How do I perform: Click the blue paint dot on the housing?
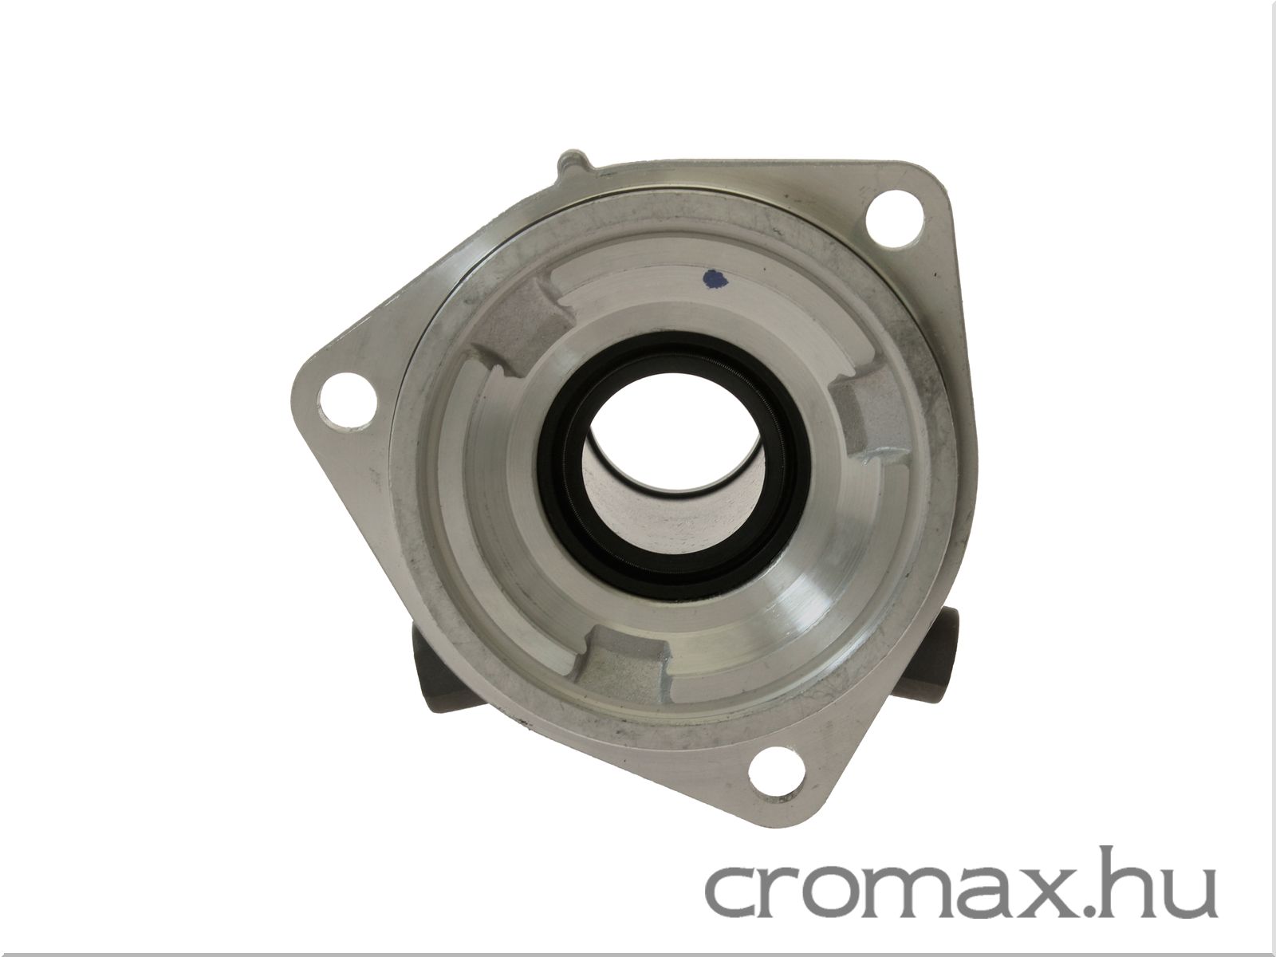tap(715, 279)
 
